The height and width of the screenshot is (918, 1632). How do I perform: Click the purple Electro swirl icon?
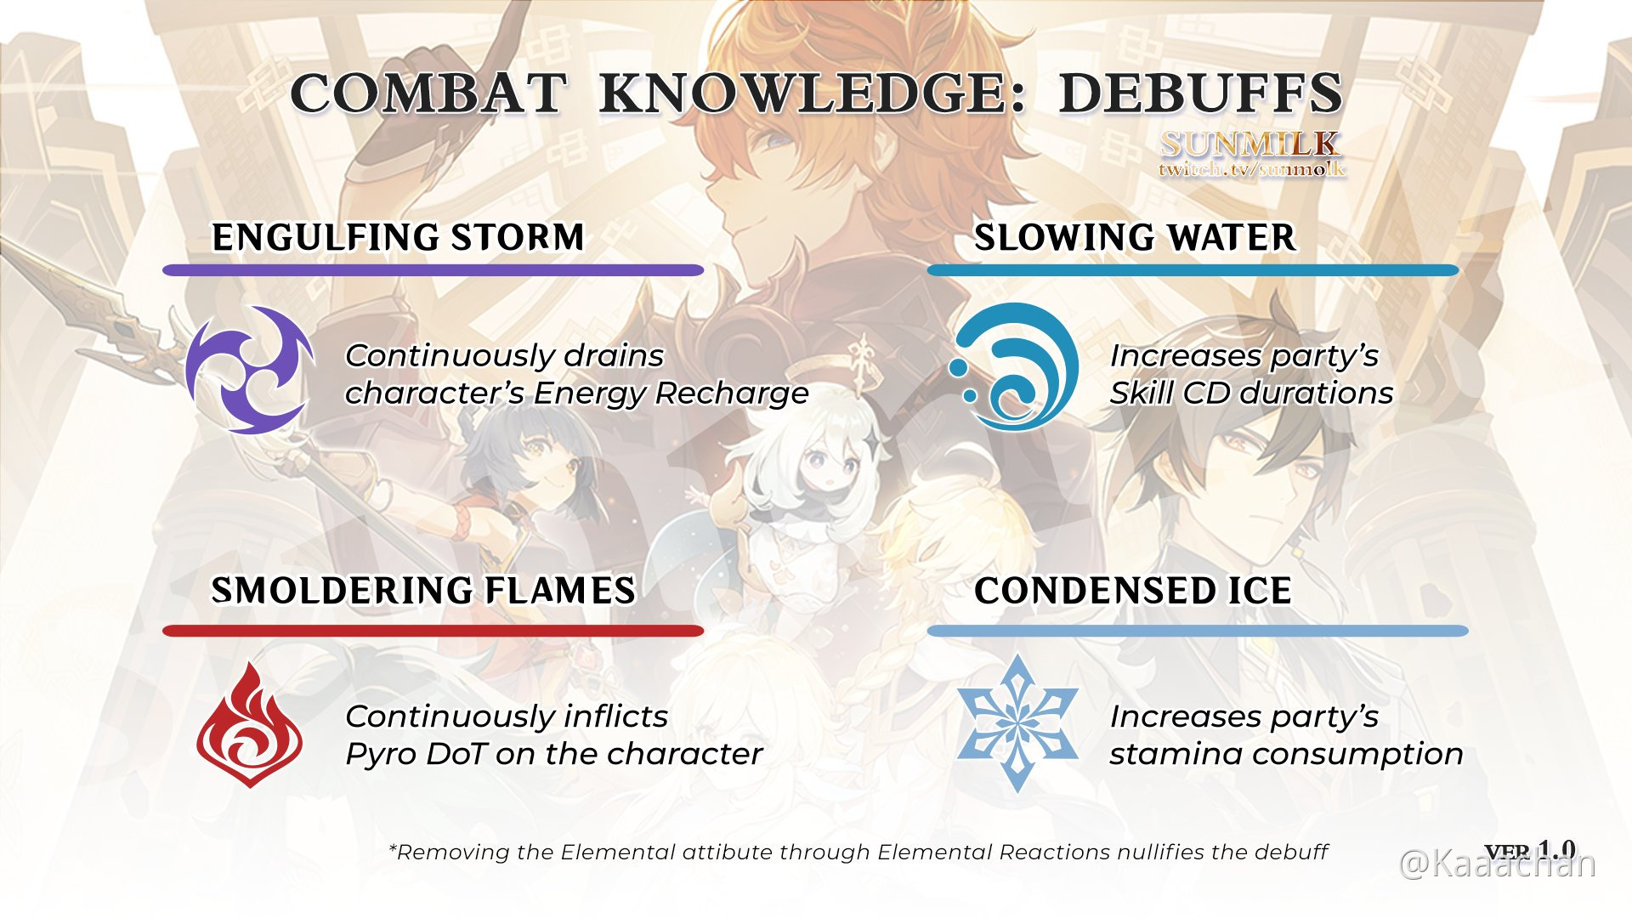point(248,370)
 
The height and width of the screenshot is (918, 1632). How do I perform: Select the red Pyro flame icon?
point(249,725)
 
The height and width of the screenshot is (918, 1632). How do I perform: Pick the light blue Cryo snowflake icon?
point(1017,723)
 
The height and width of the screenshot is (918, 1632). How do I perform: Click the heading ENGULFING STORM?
point(398,237)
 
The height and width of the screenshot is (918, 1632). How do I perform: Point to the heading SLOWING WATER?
point(1135,237)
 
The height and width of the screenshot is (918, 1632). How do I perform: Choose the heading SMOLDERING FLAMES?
point(423,591)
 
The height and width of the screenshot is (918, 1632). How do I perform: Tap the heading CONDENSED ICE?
point(1132,591)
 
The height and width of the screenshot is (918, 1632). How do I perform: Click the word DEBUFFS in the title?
point(1200,93)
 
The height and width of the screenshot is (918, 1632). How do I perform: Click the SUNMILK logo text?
point(1250,144)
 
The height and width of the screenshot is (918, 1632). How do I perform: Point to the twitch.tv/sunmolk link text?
point(1251,169)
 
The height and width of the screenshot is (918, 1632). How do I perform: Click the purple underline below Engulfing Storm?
point(433,270)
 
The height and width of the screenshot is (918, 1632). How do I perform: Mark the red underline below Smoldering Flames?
point(433,631)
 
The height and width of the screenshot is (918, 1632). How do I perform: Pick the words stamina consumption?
point(1286,754)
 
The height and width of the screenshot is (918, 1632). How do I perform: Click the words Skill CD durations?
point(1251,394)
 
